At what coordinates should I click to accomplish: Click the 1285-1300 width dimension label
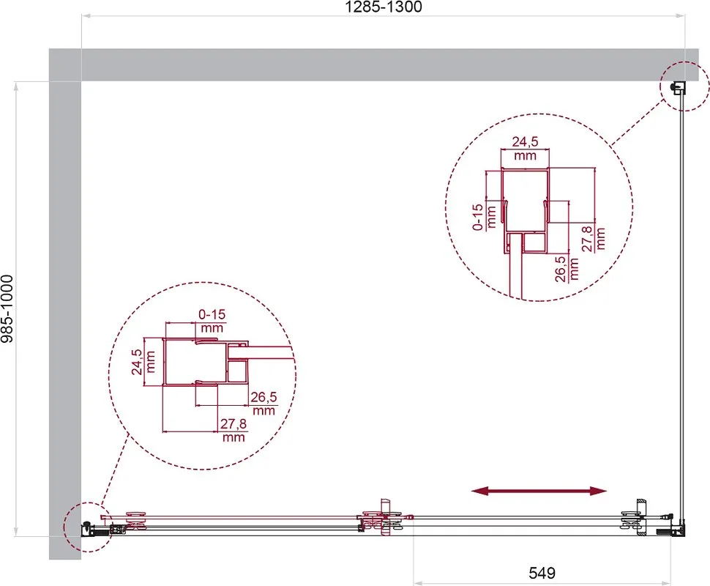click(x=384, y=7)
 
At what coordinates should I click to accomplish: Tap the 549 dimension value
click(x=542, y=574)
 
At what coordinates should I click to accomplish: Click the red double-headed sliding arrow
click(x=539, y=491)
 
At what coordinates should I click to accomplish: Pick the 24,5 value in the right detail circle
click(x=526, y=142)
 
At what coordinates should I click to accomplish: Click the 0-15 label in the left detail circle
click(x=212, y=314)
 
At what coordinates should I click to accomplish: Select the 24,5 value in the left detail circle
click(x=137, y=362)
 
